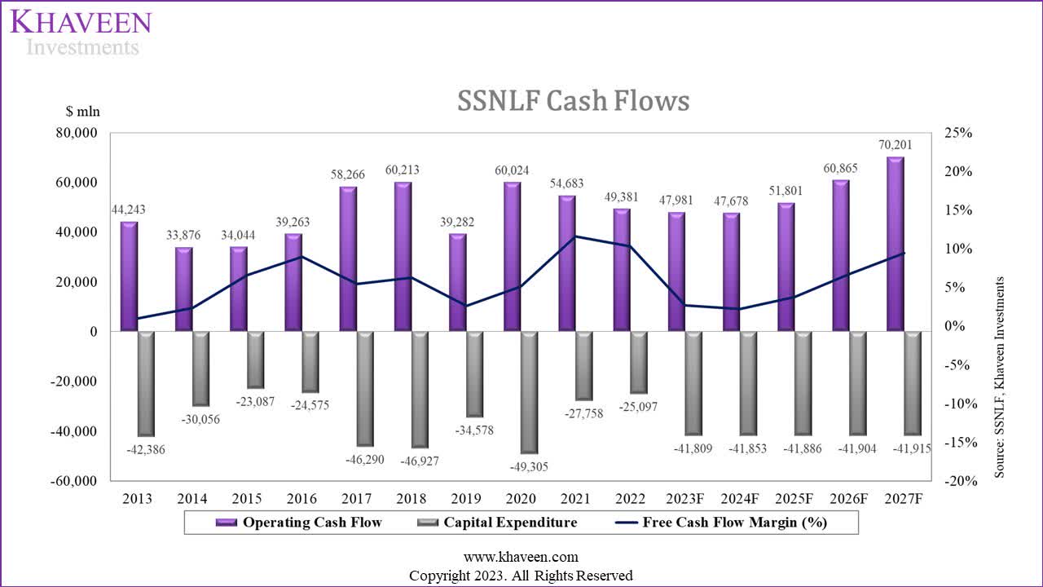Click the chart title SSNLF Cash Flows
[573, 100]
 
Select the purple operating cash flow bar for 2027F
[896, 245]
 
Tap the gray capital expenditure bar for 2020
[529, 391]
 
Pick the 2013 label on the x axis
[137, 499]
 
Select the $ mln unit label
[83, 112]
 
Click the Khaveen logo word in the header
[81, 21]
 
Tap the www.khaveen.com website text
[521, 558]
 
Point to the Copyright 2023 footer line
[521, 576]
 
